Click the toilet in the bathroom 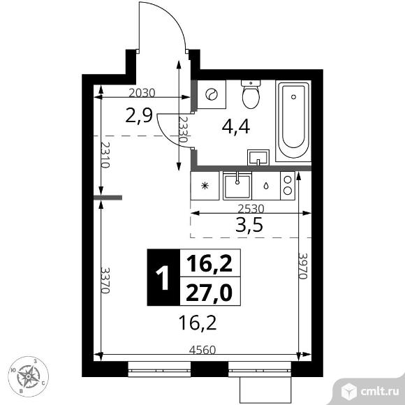click(251, 94)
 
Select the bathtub click(293, 121)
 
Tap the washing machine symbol click(212, 94)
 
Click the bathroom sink click(258, 158)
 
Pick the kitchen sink click(237, 186)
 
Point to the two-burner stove click(288, 186)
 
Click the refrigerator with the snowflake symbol click(205, 186)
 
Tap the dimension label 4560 click(202, 350)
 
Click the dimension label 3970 click(303, 266)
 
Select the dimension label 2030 click(142, 93)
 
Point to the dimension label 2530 click(251, 209)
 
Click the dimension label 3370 click(105, 280)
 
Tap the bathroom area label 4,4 click(236, 127)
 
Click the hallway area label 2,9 click(139, 116)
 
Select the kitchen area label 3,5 click(249, 224)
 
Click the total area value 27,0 click(209, 293)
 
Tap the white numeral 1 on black click(163, 278)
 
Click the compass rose click(28, 376)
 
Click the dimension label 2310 click(105, 155)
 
